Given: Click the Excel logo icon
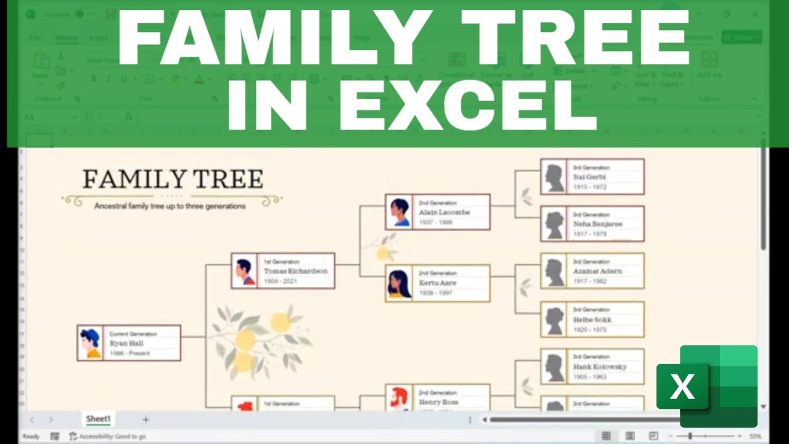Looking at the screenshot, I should click(x=706, y=387).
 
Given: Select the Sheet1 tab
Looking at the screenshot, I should click(x=98, y=419).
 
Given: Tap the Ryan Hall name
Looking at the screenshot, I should click(x=127, y=343).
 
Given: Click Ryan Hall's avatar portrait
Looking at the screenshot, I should click(x=91, y=343).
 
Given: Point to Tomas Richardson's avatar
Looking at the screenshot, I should click(x=245, y=271).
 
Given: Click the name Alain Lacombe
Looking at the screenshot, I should click(x=444, y=212).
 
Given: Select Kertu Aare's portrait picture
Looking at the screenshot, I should click(x=399, y=283).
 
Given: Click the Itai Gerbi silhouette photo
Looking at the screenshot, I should click(x=554, y=177).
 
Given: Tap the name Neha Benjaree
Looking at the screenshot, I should click(x=597, y=224).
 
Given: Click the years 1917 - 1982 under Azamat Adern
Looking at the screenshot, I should click(x=589, y=281).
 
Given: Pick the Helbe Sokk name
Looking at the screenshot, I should click(x=592, y=320).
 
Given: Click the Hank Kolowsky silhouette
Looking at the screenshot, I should click(x=554, y=367).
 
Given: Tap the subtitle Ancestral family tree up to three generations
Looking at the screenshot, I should click(x=170, y=206).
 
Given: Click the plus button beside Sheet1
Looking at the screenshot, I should click(x=145, y=419).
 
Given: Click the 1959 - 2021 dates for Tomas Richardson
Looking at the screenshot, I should click(x=280, y=281).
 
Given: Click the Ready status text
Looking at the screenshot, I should click(x=31, y=437).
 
